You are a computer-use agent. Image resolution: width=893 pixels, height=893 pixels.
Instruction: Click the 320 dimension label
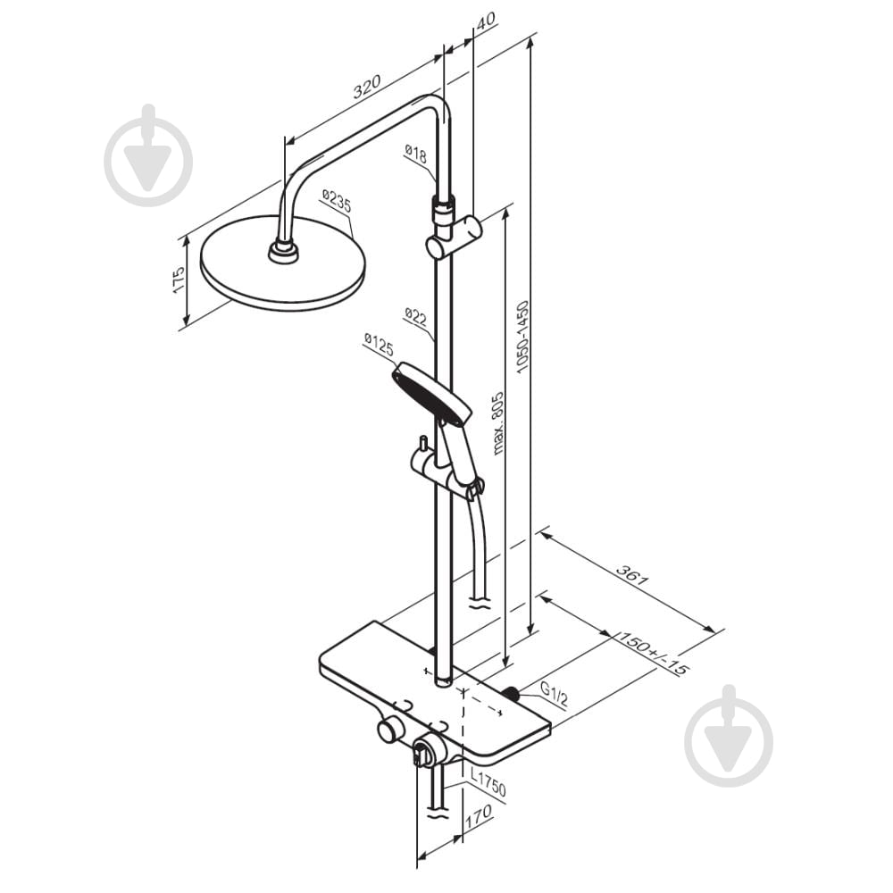coord(366,86)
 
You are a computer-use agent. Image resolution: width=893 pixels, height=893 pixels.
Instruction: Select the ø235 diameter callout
coord(336,201)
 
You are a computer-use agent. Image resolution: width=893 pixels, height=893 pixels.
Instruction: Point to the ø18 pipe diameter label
coord(415,154)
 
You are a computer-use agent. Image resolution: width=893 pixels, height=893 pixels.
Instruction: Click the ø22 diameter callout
coord(416,317)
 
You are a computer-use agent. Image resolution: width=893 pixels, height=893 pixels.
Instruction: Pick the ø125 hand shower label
coord(379,345)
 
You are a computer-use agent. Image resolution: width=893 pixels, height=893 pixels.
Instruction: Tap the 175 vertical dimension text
coord(178,280)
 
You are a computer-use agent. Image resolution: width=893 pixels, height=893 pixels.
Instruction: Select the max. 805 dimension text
coord(497,422)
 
